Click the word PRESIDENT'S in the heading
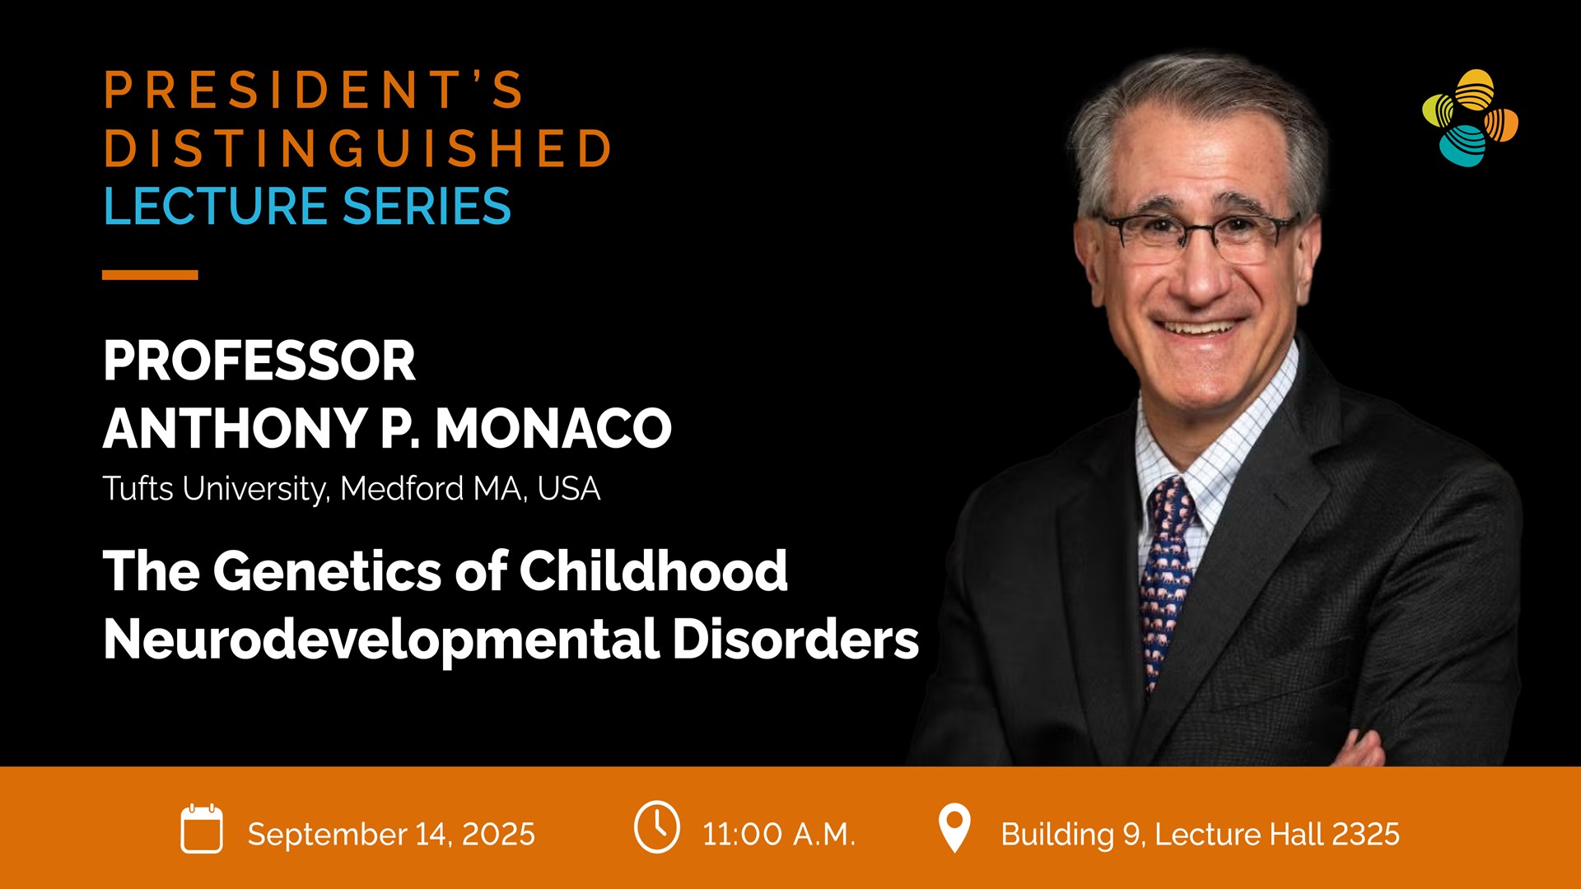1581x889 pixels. (x=314, y=90)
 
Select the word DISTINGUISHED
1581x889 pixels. (x=357, y=148)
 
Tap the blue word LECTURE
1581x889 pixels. (x=216, y=206)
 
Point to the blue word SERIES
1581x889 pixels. (x=427, y=206)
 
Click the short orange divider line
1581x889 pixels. (x=150, y=275)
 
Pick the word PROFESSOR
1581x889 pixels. (x=259, y=361)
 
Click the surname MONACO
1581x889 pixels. (x=553, y=428)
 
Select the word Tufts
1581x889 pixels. (x=138, y=488)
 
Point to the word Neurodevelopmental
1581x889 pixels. (x=381, y=640)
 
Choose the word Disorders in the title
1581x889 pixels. (x=795, y=640)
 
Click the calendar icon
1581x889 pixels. (x=202, y=828)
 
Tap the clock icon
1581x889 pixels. (x=657, y=826)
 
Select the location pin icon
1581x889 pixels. (x=954, y=828)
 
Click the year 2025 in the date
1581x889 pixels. (x=498, y=834)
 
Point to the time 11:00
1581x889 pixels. (x=742, y=834)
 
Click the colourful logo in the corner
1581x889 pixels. (x=1470, y=118)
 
